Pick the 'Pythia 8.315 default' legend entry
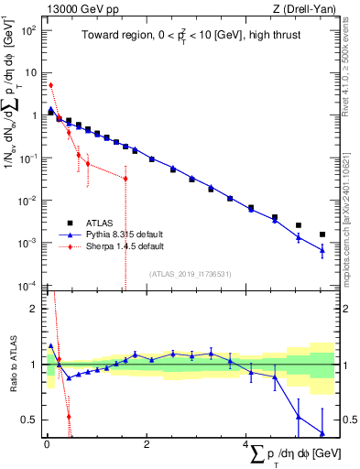coord(125,234)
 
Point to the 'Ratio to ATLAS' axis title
coord(12,366)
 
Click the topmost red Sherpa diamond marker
coord(50,85)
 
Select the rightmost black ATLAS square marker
coord(322,234)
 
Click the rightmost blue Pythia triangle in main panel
coord(322,250)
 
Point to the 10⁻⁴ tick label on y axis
coord(27,286)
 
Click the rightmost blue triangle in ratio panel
coord(322,433)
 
